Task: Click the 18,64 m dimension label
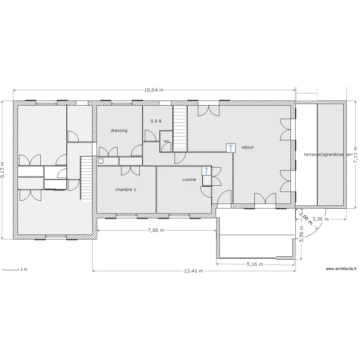pyautogui.click(x=154, y=90)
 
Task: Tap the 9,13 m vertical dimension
pyautogui.click(x=2, y=169)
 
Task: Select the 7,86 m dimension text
pyautogui.click(x=155, y=230)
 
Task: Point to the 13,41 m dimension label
pyautogui.click(x=193, y=271)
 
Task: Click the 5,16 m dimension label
pyautogui.click(x=255, y=264)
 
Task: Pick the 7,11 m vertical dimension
pyautogui.click(x=356, y=155)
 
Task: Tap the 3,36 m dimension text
pyautogui.click(x=321, y=219)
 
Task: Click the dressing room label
pyautogui.click(x=119, y=131)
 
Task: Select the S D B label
pyautogui.click(x=156, y=121)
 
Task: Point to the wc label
pyautogui.click(x=166, y=141)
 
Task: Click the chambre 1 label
pyautogui.click(x=125, y=190)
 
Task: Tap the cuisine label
pyautogui.click(x=189, y=180)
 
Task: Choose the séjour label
pyautogui.click(x=248, y=147)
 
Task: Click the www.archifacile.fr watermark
pyautogui.click(x=342, y=269)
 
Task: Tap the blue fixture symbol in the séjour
pyautogui.click(x=231, y=147)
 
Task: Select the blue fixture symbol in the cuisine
pyautogui.click(x=206, y=171)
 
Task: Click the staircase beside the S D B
pyautogui.click(x=179, y=127)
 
